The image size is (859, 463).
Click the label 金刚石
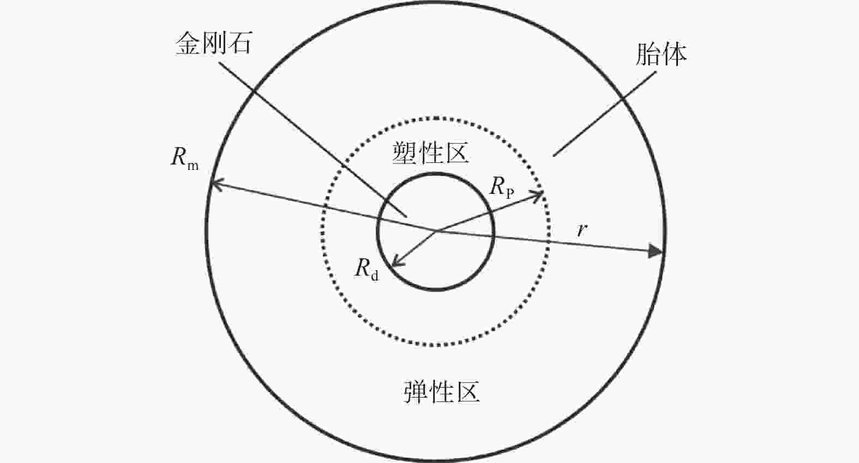click(213, 43)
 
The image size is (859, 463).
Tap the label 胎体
click(661, 54)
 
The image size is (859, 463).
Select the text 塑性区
click(430, 153)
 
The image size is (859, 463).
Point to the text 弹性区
click(442, 392)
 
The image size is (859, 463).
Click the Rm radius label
click(184, 158)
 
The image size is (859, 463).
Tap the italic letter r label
click(582, 229)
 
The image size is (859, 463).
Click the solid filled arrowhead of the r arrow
click(656, 251)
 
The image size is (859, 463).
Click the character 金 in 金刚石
click(188, 43)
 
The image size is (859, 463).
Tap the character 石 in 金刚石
click(239, 43)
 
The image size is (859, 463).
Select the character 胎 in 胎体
click(648, 54)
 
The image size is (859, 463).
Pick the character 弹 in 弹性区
click(416, 392)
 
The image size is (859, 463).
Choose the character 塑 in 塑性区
click(404, 153)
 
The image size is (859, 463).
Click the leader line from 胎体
click(604, 114)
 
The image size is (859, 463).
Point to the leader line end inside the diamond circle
click(406, 217)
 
